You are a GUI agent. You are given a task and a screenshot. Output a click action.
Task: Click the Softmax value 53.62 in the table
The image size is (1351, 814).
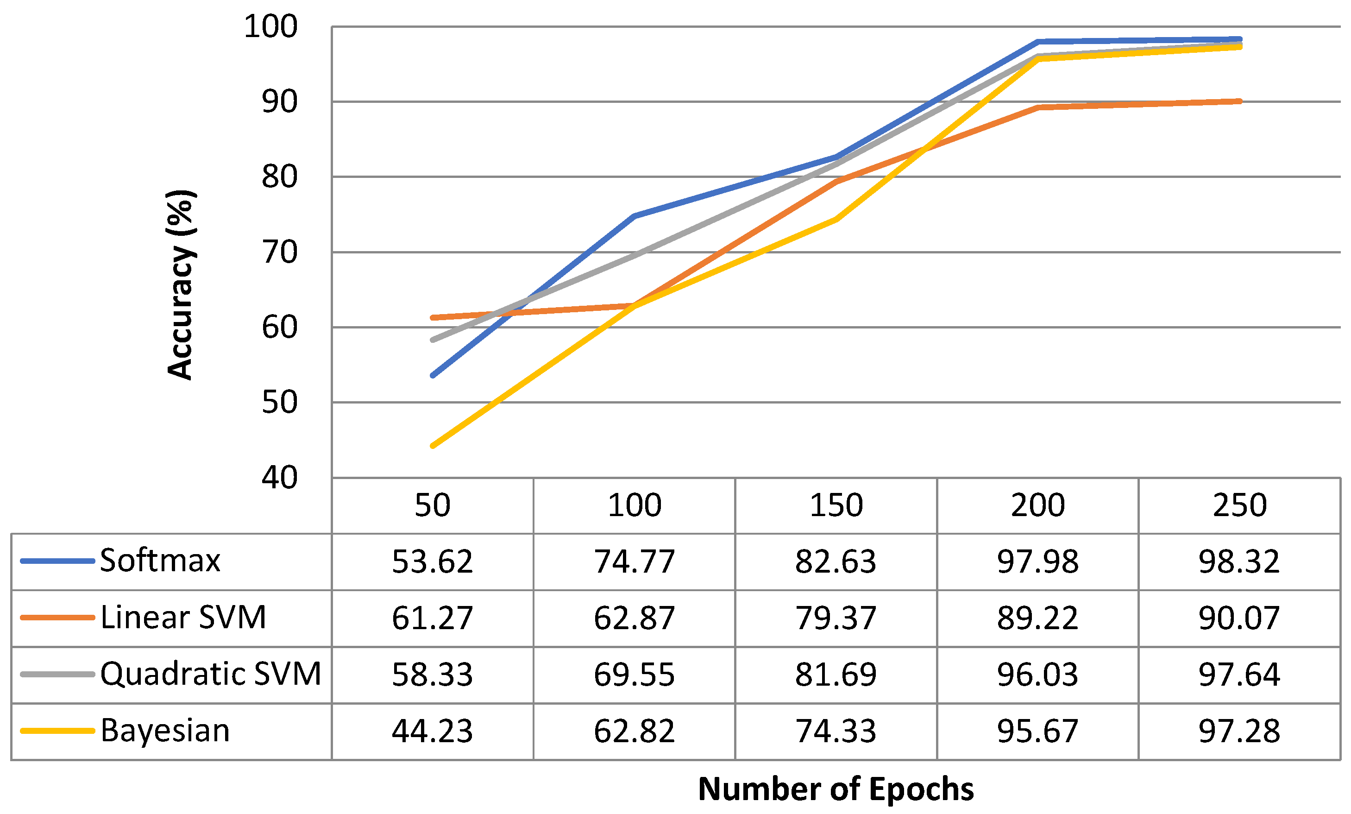432,562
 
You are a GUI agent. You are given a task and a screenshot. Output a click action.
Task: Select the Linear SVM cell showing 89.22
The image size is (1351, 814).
1037,618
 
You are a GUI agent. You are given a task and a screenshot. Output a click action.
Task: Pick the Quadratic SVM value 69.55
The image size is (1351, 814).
634,675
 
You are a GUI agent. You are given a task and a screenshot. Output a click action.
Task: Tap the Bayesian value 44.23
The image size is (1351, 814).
432,731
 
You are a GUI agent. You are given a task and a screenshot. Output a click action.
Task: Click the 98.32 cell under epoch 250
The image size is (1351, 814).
1239,562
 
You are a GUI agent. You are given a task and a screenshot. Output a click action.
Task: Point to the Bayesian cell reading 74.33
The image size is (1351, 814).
836,731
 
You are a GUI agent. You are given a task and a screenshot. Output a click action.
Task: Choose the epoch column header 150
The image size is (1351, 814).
836,505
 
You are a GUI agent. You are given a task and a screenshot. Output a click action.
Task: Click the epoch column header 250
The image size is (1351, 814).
1239,505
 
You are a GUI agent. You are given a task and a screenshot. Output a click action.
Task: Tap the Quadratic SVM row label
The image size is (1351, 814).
211,674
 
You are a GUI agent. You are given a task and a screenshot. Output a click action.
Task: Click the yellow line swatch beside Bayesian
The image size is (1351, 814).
57,731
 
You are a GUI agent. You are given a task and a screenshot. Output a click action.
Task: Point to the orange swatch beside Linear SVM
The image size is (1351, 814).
57,618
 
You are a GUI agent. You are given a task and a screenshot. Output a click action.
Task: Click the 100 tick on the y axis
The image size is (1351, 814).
271,26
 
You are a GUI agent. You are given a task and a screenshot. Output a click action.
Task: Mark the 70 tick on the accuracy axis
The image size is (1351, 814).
280,252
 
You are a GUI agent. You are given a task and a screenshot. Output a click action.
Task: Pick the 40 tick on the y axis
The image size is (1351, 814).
280,478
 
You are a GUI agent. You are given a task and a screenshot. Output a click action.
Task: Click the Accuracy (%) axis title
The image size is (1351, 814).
180,285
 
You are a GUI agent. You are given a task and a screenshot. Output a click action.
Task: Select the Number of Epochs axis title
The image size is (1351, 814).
836,789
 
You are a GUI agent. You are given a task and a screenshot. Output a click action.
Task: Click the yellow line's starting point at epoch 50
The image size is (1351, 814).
433,445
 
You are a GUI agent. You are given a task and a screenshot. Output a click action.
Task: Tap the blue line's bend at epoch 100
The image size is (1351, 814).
635,216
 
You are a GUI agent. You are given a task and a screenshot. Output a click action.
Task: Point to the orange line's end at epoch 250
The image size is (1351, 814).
1239,101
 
